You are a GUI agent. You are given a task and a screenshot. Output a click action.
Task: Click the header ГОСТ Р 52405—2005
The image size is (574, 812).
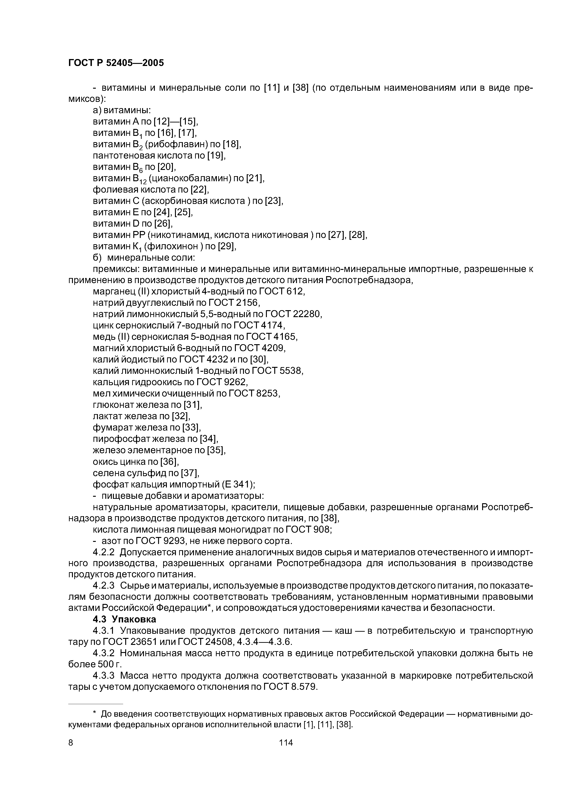(116, 63)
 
